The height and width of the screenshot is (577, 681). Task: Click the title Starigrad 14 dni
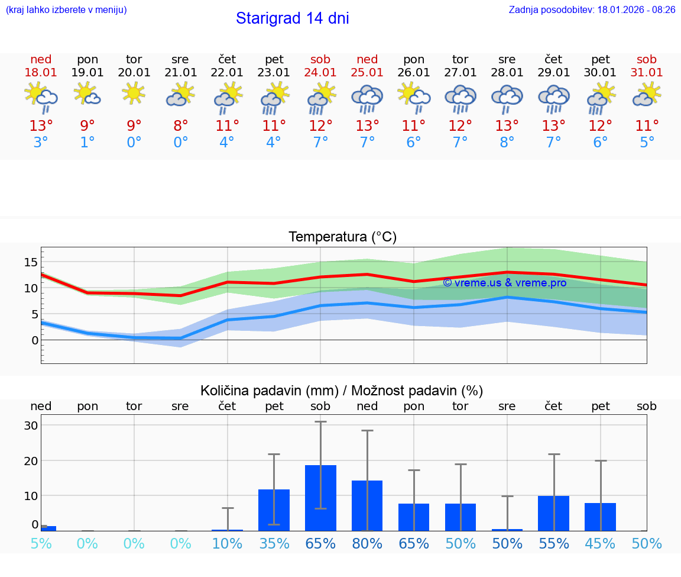point(292,18)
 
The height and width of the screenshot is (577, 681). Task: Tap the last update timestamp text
point(592,9)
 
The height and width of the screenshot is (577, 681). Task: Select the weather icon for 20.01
point(134,93)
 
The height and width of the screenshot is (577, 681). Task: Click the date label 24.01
point(320,73)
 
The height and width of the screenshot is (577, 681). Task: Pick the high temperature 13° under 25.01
point(367,125)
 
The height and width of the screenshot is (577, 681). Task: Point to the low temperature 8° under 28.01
point(507,143)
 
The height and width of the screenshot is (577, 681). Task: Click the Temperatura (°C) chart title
point(342,237)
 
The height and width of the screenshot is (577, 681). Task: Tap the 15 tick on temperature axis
point(31,262)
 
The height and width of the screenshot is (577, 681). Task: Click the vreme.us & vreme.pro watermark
point(504,283)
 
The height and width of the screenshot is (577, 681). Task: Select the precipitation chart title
point(342,391)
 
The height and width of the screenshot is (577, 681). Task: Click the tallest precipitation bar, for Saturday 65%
point(320,498)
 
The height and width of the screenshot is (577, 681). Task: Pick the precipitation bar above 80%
point(367,505)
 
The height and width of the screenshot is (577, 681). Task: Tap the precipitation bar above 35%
point(274,510)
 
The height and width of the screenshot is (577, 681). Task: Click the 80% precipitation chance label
point(367,544)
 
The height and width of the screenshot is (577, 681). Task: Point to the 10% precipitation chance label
point(227,544)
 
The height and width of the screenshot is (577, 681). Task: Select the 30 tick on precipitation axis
point(31,426)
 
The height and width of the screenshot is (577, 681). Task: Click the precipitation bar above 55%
point(553,513)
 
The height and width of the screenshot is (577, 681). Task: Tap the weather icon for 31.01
point(647,94)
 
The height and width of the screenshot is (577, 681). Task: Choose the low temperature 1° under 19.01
point(87,143)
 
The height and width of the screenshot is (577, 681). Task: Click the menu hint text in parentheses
point(66,9)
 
